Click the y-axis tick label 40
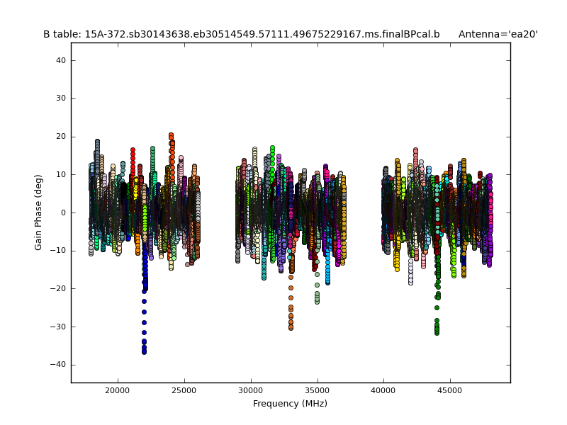61,61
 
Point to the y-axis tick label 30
61,98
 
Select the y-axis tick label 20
61,137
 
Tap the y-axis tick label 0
63,212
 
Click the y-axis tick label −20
59,288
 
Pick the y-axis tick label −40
59,364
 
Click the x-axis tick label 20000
117,390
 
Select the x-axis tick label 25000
184,390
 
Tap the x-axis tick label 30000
250,390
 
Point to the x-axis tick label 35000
317,390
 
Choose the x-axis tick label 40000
383,390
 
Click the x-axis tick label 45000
450,390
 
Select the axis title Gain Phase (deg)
39,212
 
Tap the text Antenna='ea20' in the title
498,34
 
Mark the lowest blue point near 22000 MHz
144,351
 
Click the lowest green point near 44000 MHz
437,332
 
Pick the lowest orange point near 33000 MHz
291,328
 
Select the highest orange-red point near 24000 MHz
171,135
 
